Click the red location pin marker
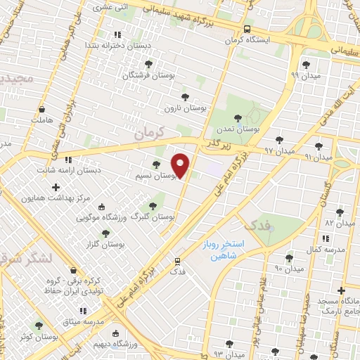tap(181, 165)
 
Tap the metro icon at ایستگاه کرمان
tap(246, 30)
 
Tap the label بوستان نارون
tap(186, 108)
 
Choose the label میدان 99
tap(305, 75)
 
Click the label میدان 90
tap(289, 269)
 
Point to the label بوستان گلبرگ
tap(157, 217)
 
